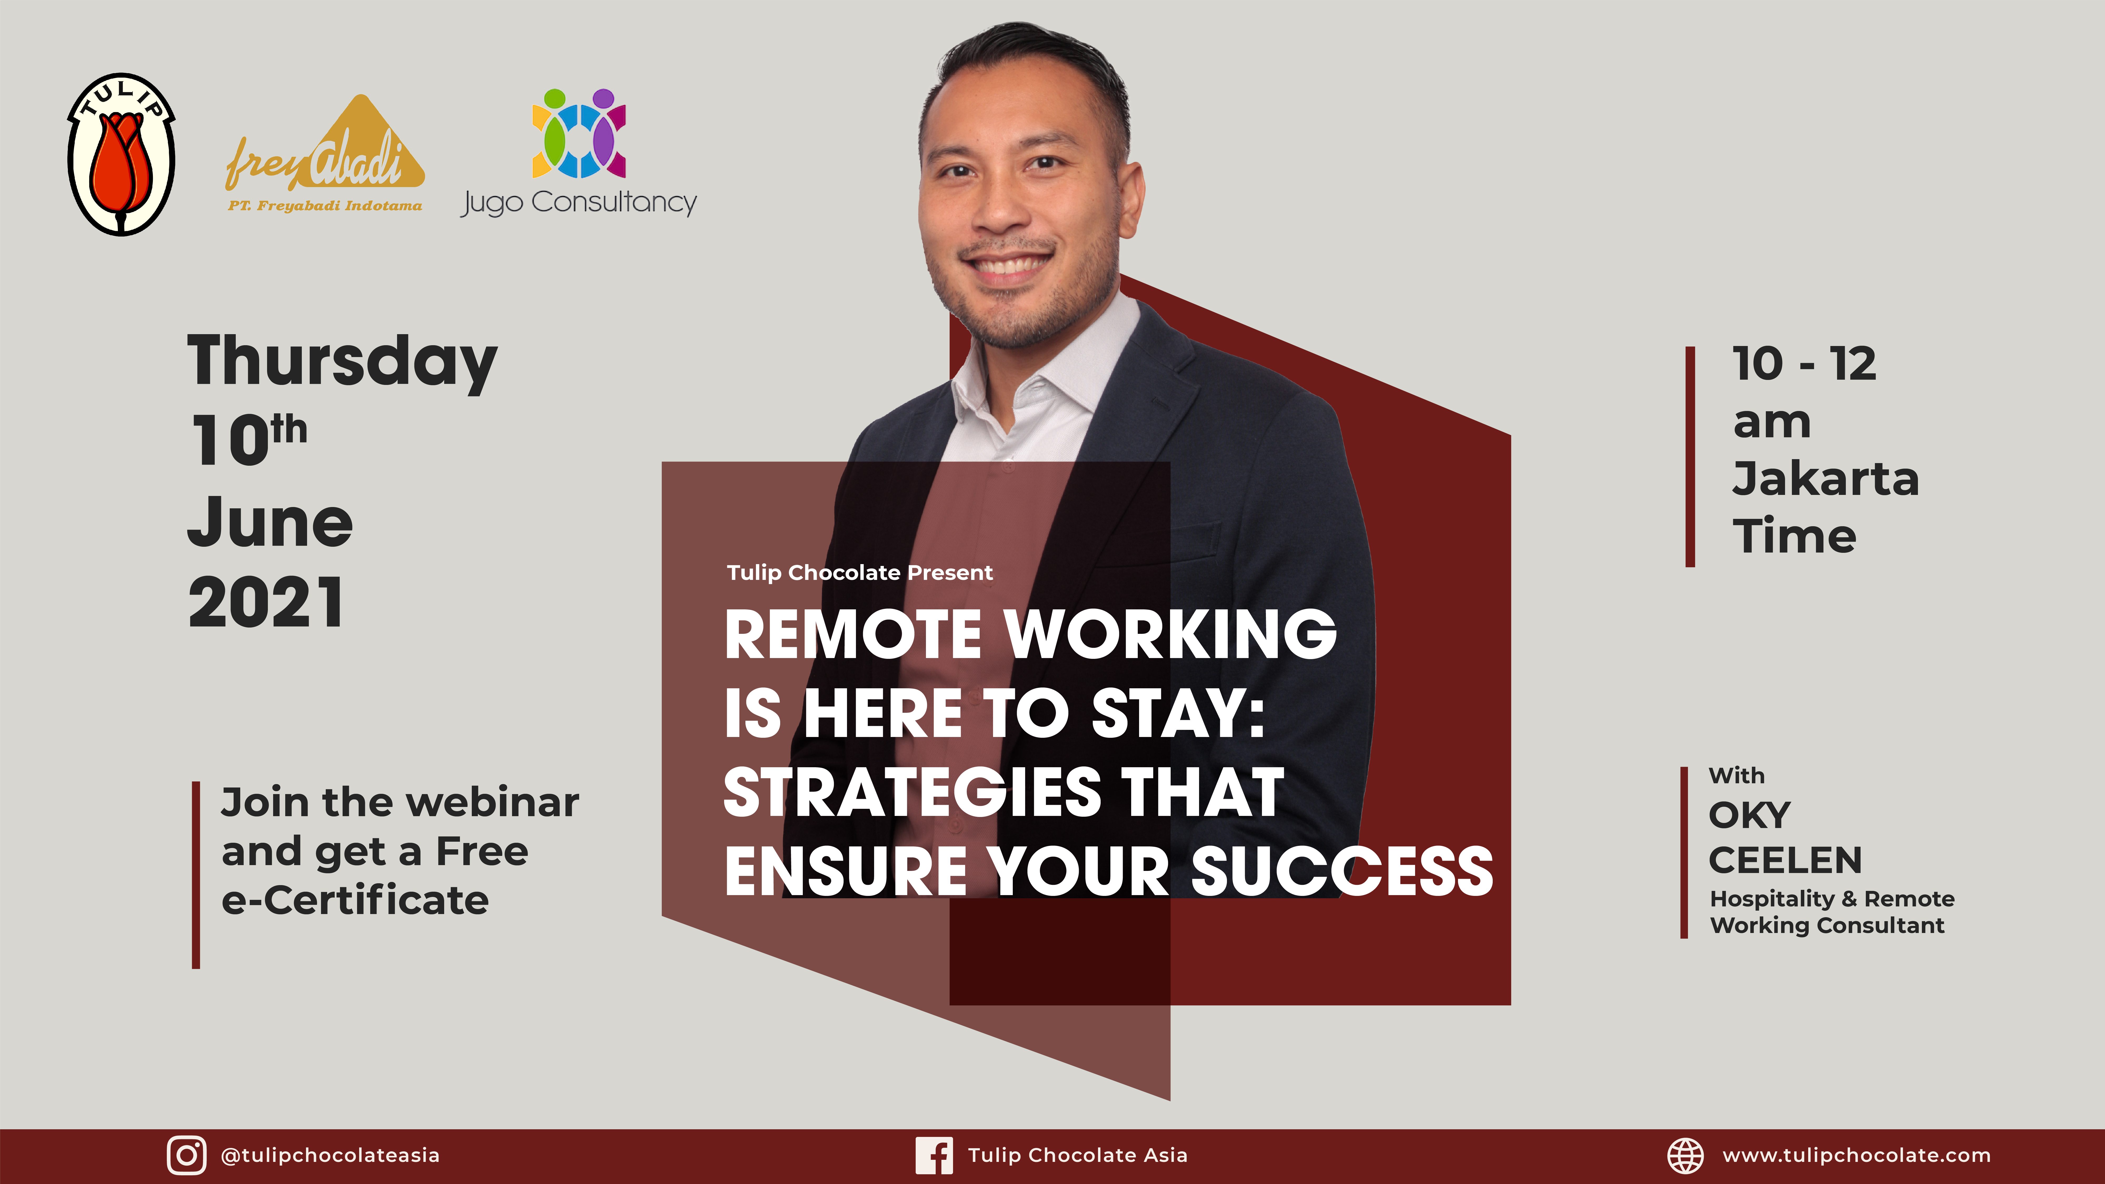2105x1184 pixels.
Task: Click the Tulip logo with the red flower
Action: click(121, 154)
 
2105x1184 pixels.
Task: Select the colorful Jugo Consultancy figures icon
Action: click(579, 133)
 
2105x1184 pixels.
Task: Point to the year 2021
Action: click(266, 602)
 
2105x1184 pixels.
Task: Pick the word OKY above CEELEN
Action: click(1750, 815)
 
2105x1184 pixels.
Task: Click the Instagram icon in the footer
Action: click(186, 1155)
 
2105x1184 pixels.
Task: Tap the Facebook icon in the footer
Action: click(934, 1155)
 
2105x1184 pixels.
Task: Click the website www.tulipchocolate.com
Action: click(1857, 1155)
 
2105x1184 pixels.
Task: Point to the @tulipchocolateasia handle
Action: click(330, 1155)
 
